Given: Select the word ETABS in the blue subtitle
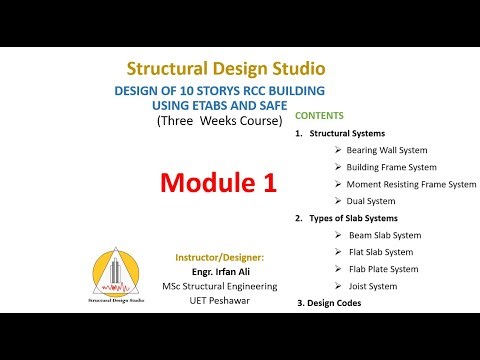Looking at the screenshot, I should (220, 105).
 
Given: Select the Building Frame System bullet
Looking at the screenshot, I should (391, 166).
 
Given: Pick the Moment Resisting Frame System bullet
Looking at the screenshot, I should (411, 184).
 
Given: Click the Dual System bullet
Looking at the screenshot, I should (371, 201).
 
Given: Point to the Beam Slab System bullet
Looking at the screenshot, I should (383, 235).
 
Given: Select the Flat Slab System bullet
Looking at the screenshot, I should (379, 252).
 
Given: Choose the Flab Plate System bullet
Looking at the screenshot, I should (382, 269).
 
